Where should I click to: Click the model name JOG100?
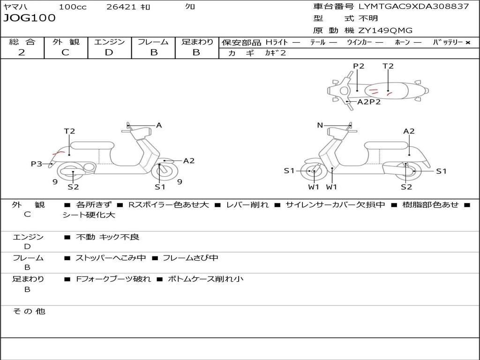coord(30,18)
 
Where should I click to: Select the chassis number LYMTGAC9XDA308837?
coord(414,7)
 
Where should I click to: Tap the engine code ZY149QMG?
coord(385,30)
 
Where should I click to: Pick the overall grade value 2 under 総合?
coord(22,52)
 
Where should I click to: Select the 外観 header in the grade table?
coord(66,42)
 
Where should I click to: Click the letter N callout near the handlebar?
coord(320,125)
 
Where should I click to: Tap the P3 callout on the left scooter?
coord(37,164)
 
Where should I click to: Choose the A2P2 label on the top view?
coord(369,102)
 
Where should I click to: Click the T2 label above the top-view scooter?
coord(388,66)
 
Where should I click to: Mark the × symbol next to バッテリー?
coord(467,42)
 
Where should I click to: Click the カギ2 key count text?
coord(276,53)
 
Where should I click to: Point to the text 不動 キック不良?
coord(108,237)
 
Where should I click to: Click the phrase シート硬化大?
coord(89,215)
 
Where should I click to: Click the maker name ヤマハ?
coord(15,7)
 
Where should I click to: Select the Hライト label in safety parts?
coord(277,42)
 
